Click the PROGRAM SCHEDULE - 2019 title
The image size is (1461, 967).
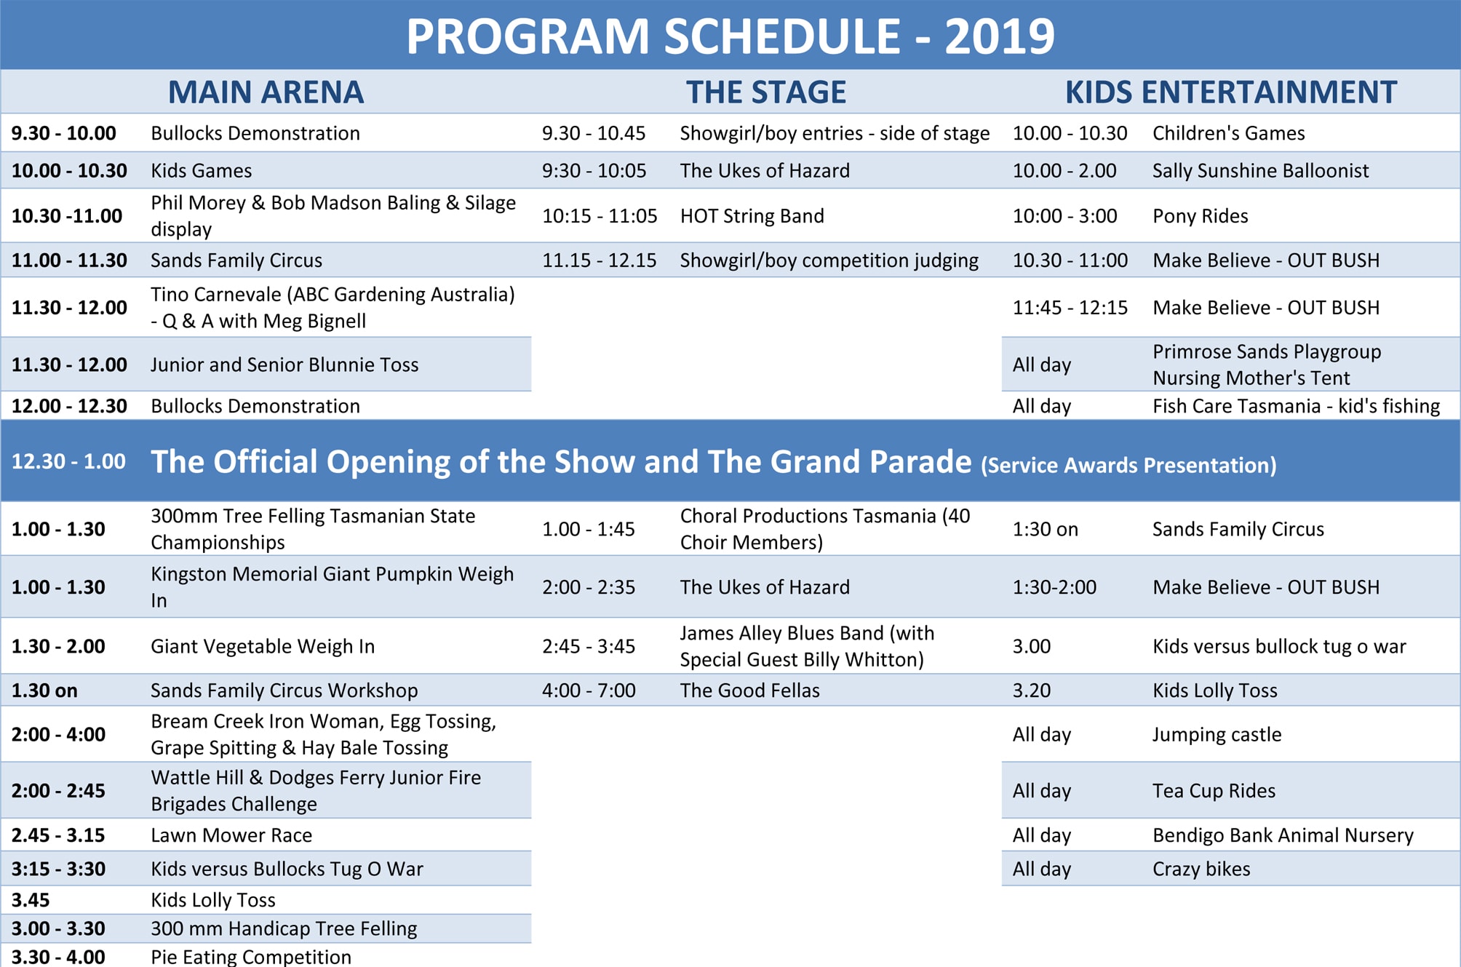tap(730, 36)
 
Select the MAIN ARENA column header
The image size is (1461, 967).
tap(266, 92)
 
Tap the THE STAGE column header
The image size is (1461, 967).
tap(766, 92)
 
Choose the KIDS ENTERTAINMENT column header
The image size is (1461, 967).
tap(1231, 92)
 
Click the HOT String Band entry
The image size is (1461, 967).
tap(752, 216)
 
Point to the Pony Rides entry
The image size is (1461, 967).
tap(1200, 216)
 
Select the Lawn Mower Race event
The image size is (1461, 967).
tap(231, 835)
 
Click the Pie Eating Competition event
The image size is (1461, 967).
tap(251, 957)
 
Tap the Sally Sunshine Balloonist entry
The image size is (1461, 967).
tap(1260, 170)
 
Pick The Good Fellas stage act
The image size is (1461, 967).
tap(749, 691)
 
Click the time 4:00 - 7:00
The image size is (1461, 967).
tap(589, 691)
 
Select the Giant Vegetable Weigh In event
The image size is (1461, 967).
tap(263, 646)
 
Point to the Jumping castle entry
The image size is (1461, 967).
tap(1217, 735)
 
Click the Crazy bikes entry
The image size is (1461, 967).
tap(1201, 869)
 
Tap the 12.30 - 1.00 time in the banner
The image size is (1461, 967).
tap(68, 461)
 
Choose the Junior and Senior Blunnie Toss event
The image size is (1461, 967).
tap(284, 365)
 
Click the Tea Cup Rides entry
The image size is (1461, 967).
tap(1214, 791)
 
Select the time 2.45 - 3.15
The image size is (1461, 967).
tap(58, 835)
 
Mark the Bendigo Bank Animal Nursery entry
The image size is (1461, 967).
tap(1283, 835)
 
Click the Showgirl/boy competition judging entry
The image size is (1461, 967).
tap(829, 260)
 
